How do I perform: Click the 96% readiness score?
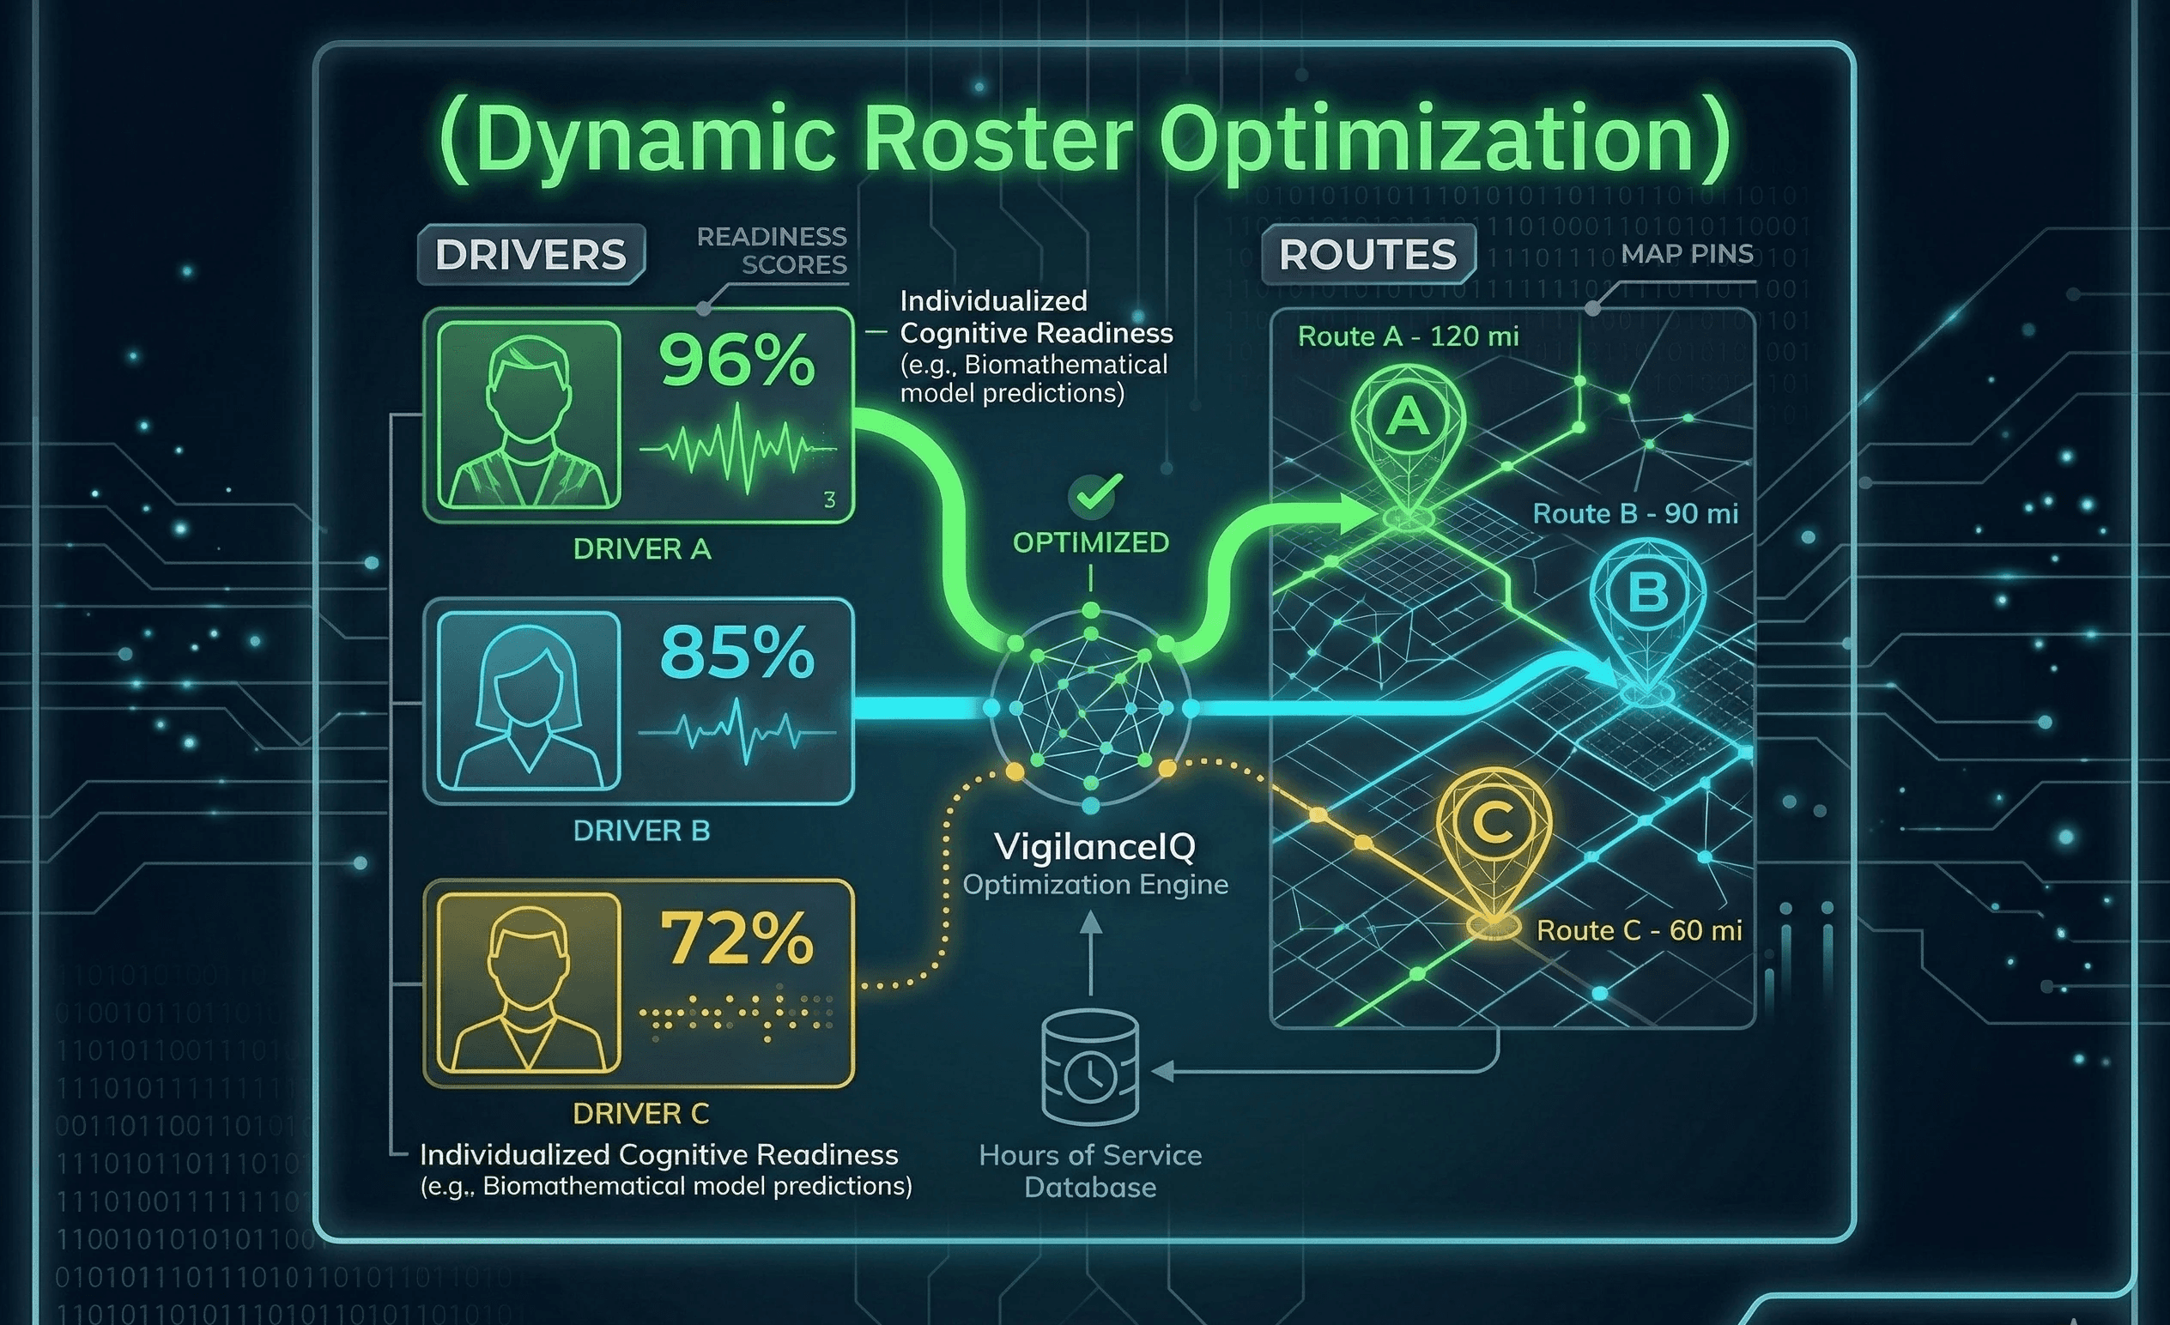(737, 361)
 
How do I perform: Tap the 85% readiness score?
(737, 653)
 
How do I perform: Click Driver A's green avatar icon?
(529, 414)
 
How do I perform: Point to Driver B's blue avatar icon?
(529, 701)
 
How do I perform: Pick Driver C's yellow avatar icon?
(529, 983)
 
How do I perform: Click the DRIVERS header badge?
(530, 254)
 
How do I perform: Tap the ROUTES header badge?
(1367, 254)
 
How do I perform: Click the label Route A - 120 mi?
(1408, 336)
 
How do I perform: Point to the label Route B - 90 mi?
(1635, 514)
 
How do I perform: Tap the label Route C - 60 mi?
(1639, 930)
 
